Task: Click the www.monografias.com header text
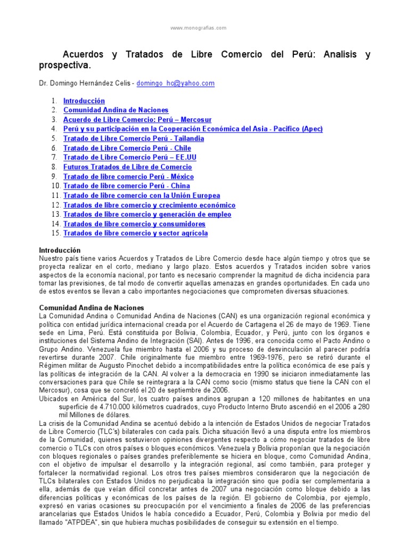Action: pyautogui.click(x=198, y=28)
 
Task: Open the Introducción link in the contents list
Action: pyautogui.click(x=84, y=101)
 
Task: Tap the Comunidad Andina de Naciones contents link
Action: pyautogui.click(x=116, y=110)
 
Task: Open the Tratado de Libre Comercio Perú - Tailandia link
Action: pyautogui.click(x=133, y=138)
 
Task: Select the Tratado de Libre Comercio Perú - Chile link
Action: pyautogui.click(x=127, y=148)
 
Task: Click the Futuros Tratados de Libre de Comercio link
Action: pyautogui.click(x=127, y=167)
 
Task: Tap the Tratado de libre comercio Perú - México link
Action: pyautogui.click(x=128, y=177)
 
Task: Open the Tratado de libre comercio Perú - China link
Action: pyautogui.click(x=126, y=186)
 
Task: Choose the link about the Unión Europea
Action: pyautogui.click(x=141, y=196)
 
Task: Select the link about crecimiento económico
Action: pyautogui.click(x=149, y=205)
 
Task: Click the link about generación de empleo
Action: pyautogui.click(x=147, y=214)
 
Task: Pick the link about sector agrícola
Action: pyautogui.click(x=135, y=233)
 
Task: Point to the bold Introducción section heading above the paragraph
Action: pyautogui.click(x=60, y=250)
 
